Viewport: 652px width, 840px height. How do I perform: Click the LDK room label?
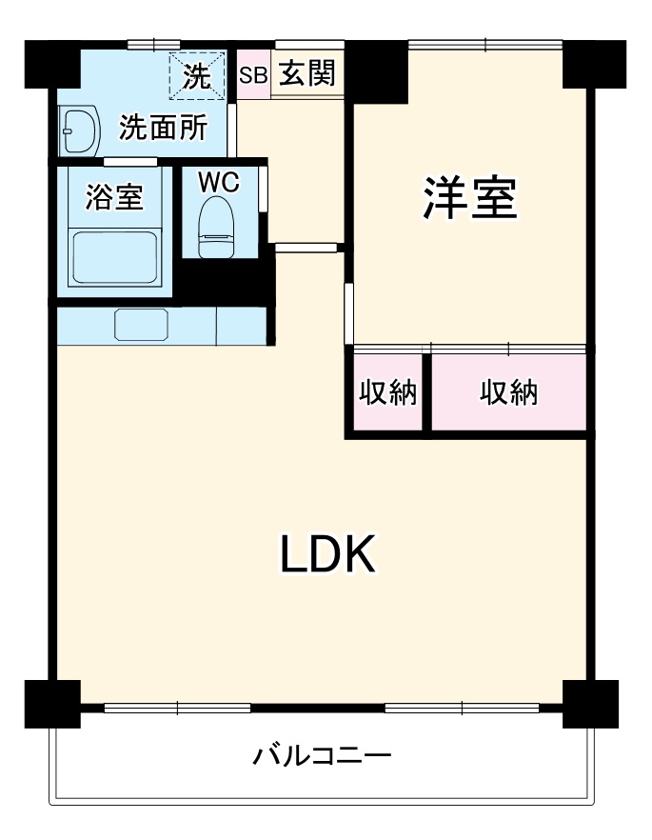(x=327, y=554)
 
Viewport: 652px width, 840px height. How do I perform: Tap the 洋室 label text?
(x=470, y=197)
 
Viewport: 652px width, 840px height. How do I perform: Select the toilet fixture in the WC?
(x=217, y=227)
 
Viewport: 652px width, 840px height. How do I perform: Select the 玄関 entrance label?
(x=306, y=75)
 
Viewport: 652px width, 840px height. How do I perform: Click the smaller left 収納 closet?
(x=388, y=392)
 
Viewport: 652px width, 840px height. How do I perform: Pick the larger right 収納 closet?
(x=509, y=392)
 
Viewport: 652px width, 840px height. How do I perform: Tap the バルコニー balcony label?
(x=322, y=758)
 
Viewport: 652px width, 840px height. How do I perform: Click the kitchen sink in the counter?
(x=141, y=325)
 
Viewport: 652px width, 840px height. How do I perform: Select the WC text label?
(x=218, y=182)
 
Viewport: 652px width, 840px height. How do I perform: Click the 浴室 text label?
(x=114, y=197)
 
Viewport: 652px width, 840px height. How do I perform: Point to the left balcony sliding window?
(x=177, y=708)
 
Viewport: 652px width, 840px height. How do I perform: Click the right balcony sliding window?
(x=462, y=708)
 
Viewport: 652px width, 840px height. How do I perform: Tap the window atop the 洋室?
(x=484, y=43)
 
